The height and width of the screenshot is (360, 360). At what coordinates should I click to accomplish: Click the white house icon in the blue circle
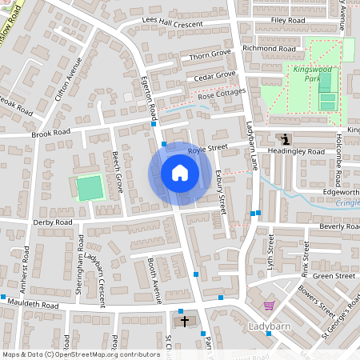pyautogui.click(x=180, y=173)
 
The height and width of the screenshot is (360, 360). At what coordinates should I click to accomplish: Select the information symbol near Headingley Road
pyautogui.click(x=286, y=139)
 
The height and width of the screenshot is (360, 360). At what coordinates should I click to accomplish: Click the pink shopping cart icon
pyautogui.click(x=270, y=305)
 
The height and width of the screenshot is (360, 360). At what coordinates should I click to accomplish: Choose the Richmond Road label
pyautogui.click(x=270, y=50)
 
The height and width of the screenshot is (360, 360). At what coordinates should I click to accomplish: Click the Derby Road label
pyautogui.click(x=53, y=222)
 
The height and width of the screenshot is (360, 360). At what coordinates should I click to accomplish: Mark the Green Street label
pyautogui.click(x=334, y=276)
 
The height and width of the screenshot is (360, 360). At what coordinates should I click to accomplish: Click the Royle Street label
pyautogui.click(x=208, y=149)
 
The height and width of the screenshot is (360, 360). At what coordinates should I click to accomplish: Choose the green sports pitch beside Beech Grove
pyautogui.click(x=89, y=188)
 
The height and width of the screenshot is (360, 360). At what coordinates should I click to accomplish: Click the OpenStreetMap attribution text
pyautogui.click(x=80, y=354)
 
